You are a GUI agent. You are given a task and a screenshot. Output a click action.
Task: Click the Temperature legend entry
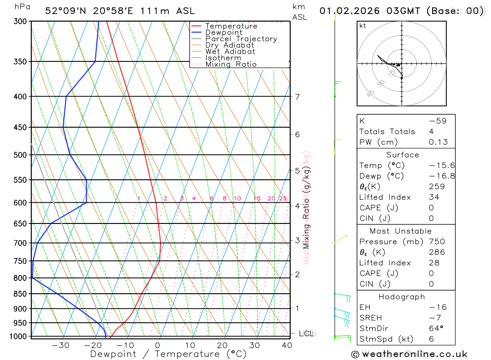click(231, 26)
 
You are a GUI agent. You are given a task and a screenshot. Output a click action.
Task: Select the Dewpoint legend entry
click(223, 32)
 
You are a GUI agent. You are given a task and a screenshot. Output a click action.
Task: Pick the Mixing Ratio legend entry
click(231, 64)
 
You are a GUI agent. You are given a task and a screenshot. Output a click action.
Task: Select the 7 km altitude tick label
click(298, 96)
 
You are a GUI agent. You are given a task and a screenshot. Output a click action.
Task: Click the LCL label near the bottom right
click(306, 334)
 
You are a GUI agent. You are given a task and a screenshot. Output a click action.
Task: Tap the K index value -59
click(437, 121)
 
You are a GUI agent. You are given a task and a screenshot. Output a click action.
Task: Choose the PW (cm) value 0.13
click(438, 142)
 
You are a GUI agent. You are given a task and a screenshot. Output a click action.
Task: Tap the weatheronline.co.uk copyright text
click(409, 354)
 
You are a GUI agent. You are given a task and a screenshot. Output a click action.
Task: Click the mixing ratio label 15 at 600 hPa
click(257, 198)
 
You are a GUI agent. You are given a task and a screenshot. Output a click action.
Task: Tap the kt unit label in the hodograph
click(363, 26)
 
